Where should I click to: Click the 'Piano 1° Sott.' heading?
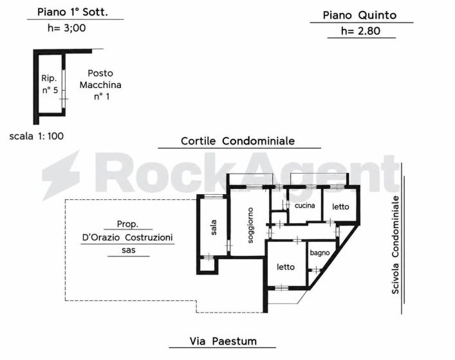[x=73, y=12]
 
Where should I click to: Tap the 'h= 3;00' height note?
[x=67, y=28]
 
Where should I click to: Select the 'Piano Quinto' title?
[x=360, y=15]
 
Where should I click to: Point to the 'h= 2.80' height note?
[x=360, y=31]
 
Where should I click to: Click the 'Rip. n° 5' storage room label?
[x=50, y=84]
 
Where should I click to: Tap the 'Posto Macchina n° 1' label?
[x=100, y=85]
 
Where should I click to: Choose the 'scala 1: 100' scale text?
[x=37, y=136]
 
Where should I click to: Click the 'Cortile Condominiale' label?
[x=237, y=141]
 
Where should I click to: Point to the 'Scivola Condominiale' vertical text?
[x=395, y=245]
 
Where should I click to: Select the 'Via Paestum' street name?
[x=223, y=341]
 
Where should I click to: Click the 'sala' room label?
[x=213, y=228]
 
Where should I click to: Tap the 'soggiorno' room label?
[x=250, y=225]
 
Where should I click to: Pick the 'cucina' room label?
[x=304, y=206]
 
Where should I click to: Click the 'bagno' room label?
[x=319, y=253]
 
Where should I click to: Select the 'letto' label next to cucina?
[x=340, y=206]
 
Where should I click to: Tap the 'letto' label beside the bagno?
[x=286, y=267]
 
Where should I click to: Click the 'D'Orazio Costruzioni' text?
[x=127, y=237]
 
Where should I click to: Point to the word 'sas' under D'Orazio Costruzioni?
[x=129, y=250]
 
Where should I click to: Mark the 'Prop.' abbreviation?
[x=127, y=224]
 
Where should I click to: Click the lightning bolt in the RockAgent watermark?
[x=61, y=175]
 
